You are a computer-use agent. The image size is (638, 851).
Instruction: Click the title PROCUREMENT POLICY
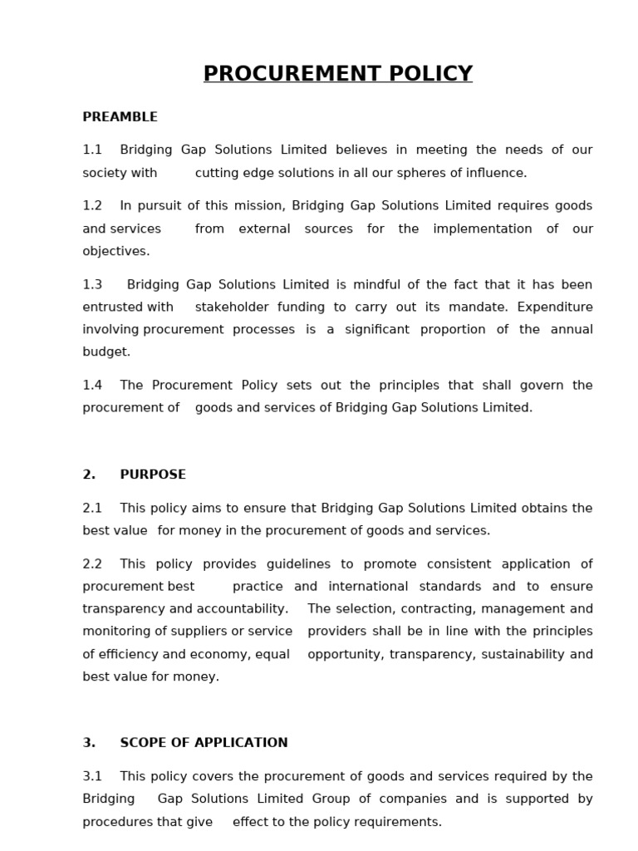pyautogui.click(x=338, y=74)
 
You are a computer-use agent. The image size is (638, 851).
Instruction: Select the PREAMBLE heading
pyautogui.click(x=120, y=117)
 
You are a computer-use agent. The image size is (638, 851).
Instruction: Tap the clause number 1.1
pyautogui.click(x=92, y=150)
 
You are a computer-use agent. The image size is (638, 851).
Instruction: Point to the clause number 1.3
pyautogui.click(x=92, y=285)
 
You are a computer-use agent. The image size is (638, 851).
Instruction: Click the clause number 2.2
pyautogui.click(x=92, y=564)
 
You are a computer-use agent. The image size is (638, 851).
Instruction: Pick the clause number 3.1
pyautogui.click(x=92, y=777)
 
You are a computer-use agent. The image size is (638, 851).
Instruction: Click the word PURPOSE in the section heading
pyautogui.click(x=153, y=475)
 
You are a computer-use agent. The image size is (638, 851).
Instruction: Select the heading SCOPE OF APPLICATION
pyautogui.click(x=204, y=743)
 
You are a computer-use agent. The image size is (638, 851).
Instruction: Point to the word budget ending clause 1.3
pyautogui.click(x=106, y=352)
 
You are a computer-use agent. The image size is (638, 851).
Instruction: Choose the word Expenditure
pyautogui.click(x=555, y=307)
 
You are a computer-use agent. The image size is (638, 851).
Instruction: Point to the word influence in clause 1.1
pyautogui.click(x=496, y=174)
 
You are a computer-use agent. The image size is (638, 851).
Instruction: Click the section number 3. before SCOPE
pyautogui.click(x=89, y=743)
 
